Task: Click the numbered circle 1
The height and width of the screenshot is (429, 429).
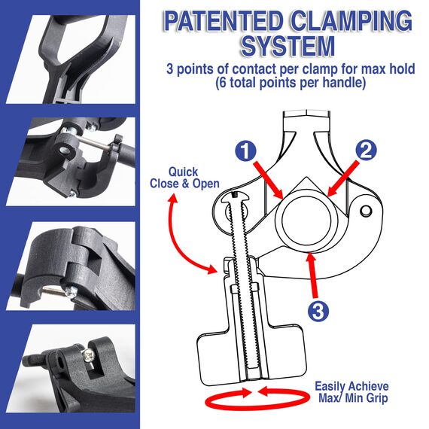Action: [x=245, y=151]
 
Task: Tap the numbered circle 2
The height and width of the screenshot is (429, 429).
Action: [x=366, y=151]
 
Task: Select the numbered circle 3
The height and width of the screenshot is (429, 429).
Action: [x=318, y=311]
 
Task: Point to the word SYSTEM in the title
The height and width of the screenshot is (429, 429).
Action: [x=288, y=46]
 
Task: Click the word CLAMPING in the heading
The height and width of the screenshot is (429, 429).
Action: [x=351, y=22]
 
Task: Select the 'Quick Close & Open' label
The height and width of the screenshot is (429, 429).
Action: [x=184, y=178]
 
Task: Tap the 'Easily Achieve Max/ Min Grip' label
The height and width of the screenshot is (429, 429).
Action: [x=352, y=392]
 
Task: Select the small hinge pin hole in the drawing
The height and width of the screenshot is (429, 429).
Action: [x=366, y=211]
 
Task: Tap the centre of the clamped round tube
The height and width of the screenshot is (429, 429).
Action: [x=306, y=221]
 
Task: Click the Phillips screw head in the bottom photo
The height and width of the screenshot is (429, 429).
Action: [x=88, y=356]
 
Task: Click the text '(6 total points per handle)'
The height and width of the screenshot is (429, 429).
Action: [x=291, y=83]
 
